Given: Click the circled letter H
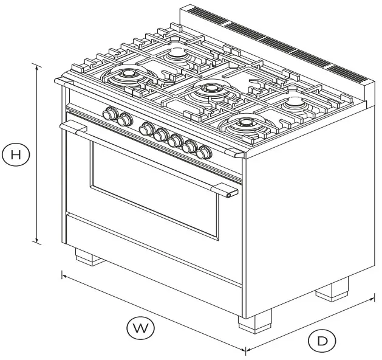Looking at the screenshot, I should [x=16, y=154].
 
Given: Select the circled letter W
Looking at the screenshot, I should [x=140, y=328].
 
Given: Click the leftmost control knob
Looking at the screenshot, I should [x=111, y=113].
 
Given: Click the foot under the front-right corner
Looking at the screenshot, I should [x=254, y=320].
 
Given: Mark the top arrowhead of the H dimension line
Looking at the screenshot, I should [x=38, y=66].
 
